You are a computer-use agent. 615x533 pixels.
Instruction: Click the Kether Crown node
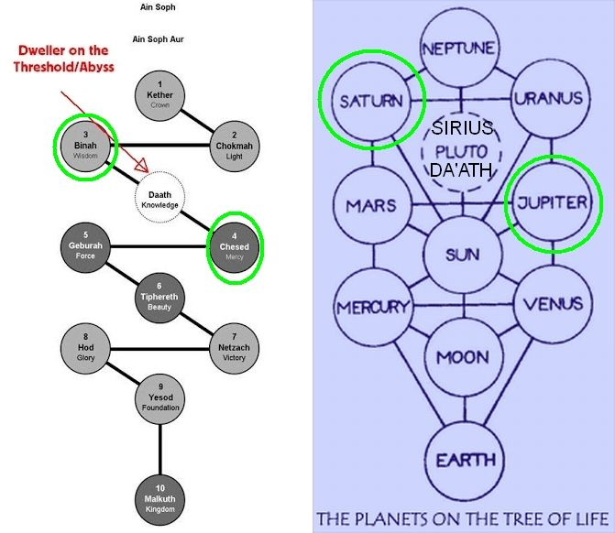tap(160, 93)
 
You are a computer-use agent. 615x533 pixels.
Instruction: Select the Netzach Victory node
tap(234, 347)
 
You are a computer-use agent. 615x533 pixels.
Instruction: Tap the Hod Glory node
tap(85, 347)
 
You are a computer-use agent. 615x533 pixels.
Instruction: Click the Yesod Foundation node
tap(160, 397)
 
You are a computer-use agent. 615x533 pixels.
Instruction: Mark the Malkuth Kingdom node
tap(160, 498)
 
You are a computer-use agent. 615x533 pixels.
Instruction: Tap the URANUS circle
tap(548, 96)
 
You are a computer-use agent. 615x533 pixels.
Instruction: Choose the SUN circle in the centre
tap(461, 255)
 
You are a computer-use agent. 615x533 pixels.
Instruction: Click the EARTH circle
tap(464, 459)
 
